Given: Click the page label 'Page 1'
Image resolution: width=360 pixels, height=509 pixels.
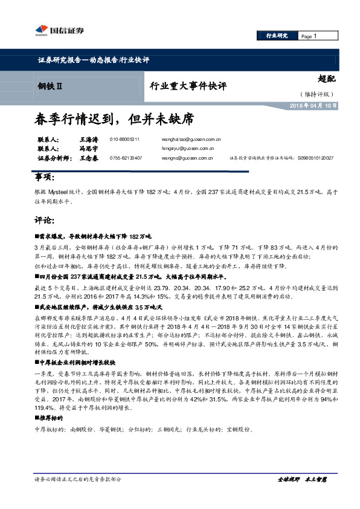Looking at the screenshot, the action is click(309, 36).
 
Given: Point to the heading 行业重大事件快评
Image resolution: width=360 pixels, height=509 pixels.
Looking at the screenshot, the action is click(188, 86).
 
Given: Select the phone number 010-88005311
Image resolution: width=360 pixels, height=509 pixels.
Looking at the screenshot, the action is click(125, 139).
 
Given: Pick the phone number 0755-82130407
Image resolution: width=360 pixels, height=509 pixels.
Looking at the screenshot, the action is click(126, 158).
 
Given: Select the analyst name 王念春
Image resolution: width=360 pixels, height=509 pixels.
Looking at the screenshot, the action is click(89, 158).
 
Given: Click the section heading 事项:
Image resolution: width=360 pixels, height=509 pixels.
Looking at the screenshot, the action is click(44, 177).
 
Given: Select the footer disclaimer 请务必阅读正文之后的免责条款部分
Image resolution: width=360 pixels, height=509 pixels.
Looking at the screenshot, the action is click(78, 479).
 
